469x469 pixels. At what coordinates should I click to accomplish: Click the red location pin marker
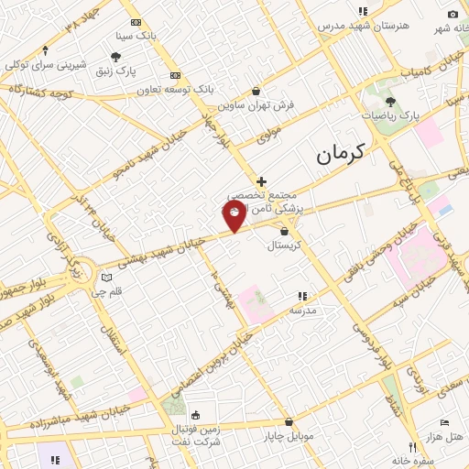coord(234,216)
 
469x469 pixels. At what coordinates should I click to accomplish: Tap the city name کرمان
coord(340,153)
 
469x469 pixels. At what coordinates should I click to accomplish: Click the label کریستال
coord(284,245)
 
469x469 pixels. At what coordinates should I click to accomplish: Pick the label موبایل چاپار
coord(289,436)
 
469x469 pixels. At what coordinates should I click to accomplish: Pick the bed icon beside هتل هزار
coord(444,423)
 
